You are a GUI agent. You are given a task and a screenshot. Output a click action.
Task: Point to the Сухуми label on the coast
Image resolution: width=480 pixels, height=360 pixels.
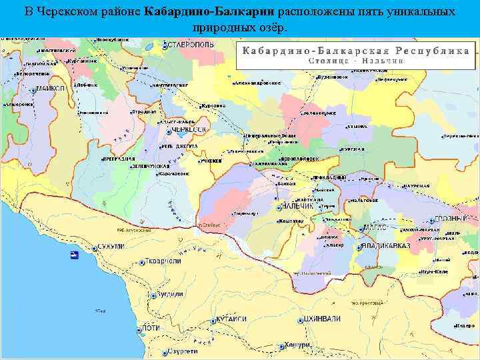[x=111, y=247]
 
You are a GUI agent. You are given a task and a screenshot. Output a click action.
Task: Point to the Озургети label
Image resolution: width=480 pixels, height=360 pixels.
[x=183, y=351]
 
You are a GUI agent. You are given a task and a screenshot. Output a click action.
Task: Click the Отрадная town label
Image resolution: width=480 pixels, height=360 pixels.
[x=144, y=111]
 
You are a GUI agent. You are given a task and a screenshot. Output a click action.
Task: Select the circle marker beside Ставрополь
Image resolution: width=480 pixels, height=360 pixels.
[x=164, y=45]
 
